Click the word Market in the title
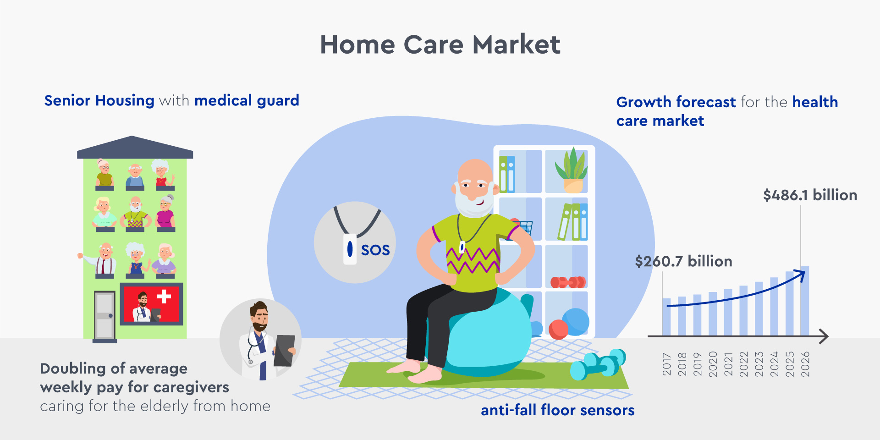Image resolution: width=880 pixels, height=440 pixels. pos(516,44)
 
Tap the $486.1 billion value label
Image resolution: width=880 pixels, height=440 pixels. pos(810,195)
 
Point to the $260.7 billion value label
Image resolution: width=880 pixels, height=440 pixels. pos(683,261)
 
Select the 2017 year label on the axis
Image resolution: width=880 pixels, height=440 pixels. pos(667,364)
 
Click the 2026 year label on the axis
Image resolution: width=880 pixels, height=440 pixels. pos(805,364)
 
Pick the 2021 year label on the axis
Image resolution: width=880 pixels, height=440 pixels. pos(728,364)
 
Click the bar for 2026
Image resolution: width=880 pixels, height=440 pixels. pos(805,301)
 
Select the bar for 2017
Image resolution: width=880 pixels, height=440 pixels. pos(666,317)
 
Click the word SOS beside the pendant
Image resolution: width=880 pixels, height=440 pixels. pos(375,250)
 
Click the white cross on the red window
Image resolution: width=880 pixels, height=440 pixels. pos(164,297)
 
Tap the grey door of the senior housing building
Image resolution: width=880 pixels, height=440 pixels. pos(105,316)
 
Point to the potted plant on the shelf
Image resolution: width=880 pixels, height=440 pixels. pos(572,170)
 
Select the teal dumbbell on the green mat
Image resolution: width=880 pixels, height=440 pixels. pos(598,364)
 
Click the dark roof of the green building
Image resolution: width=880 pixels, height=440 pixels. pos(135,147)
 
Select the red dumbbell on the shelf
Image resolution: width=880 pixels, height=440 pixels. pos(568,282)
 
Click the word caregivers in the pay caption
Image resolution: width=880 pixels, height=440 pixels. pos(191,388)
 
